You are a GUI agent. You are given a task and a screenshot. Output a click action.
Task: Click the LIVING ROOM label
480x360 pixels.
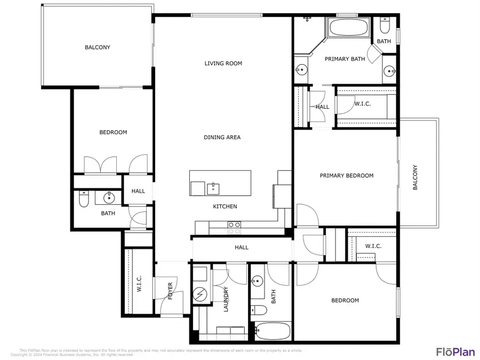223,63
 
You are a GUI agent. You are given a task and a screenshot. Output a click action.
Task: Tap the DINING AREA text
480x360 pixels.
222,138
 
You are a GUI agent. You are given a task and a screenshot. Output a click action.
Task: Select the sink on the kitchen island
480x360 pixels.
214,188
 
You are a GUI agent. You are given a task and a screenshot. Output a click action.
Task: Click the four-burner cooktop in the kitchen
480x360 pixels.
234,228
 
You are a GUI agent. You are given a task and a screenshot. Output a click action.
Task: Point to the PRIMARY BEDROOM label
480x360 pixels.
346,175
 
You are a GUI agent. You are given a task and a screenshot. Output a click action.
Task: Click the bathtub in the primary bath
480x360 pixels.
347,28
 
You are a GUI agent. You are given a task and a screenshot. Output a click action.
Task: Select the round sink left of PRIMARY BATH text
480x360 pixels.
301,70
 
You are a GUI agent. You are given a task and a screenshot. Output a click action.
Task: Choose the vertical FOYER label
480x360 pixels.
171,290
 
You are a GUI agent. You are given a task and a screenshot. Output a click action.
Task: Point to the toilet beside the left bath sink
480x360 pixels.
83,199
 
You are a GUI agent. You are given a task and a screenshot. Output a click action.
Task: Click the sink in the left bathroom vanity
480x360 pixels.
110,198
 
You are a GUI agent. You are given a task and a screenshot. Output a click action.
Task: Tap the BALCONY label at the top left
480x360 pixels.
98,47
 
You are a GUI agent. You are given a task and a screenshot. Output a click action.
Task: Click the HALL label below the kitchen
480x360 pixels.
242,247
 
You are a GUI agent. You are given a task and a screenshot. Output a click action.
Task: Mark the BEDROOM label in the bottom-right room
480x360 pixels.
345,300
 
